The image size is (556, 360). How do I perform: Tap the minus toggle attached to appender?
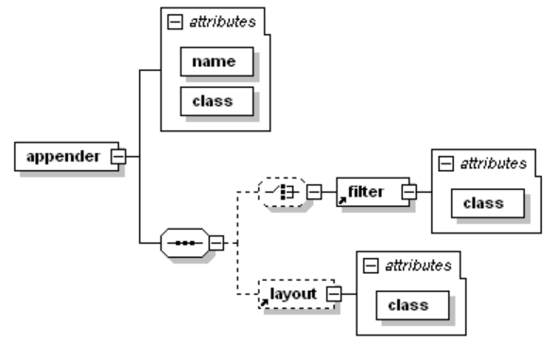coord(117,157)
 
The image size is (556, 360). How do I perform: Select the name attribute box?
coord(218,61)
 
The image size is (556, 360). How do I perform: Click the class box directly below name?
coord(218,100)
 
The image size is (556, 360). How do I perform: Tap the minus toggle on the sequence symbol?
coord(215,244)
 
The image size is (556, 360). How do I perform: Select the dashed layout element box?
coord(293,295)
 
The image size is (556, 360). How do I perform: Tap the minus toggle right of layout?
coord(333,296)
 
